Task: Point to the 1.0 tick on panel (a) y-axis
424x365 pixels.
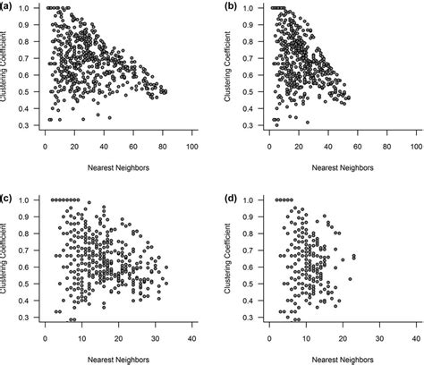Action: [x=30, y=8]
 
